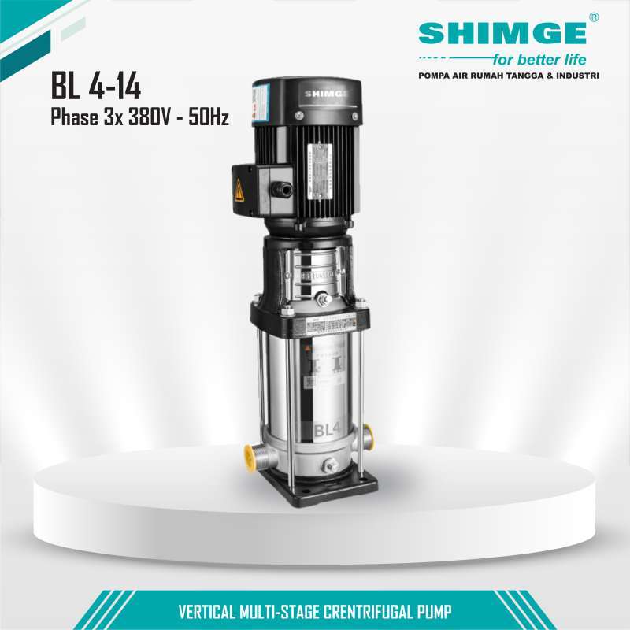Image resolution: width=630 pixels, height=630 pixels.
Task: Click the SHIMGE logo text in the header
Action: pyautogui.click(x=502, y=33)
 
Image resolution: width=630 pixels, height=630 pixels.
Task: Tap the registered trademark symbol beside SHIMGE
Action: pyautogui.click(x=594, y=17)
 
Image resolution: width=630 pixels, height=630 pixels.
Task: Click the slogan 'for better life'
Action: pyautogui.click(x=539, y=59)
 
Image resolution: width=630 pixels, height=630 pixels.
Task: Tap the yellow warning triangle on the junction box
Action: pyautogui.click(x=239, y=190)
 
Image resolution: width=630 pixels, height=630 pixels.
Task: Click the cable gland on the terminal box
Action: pyautogui.click(x=280, y=189)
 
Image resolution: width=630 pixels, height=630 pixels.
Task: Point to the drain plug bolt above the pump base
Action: pyautogui.click(x=331, y=466)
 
